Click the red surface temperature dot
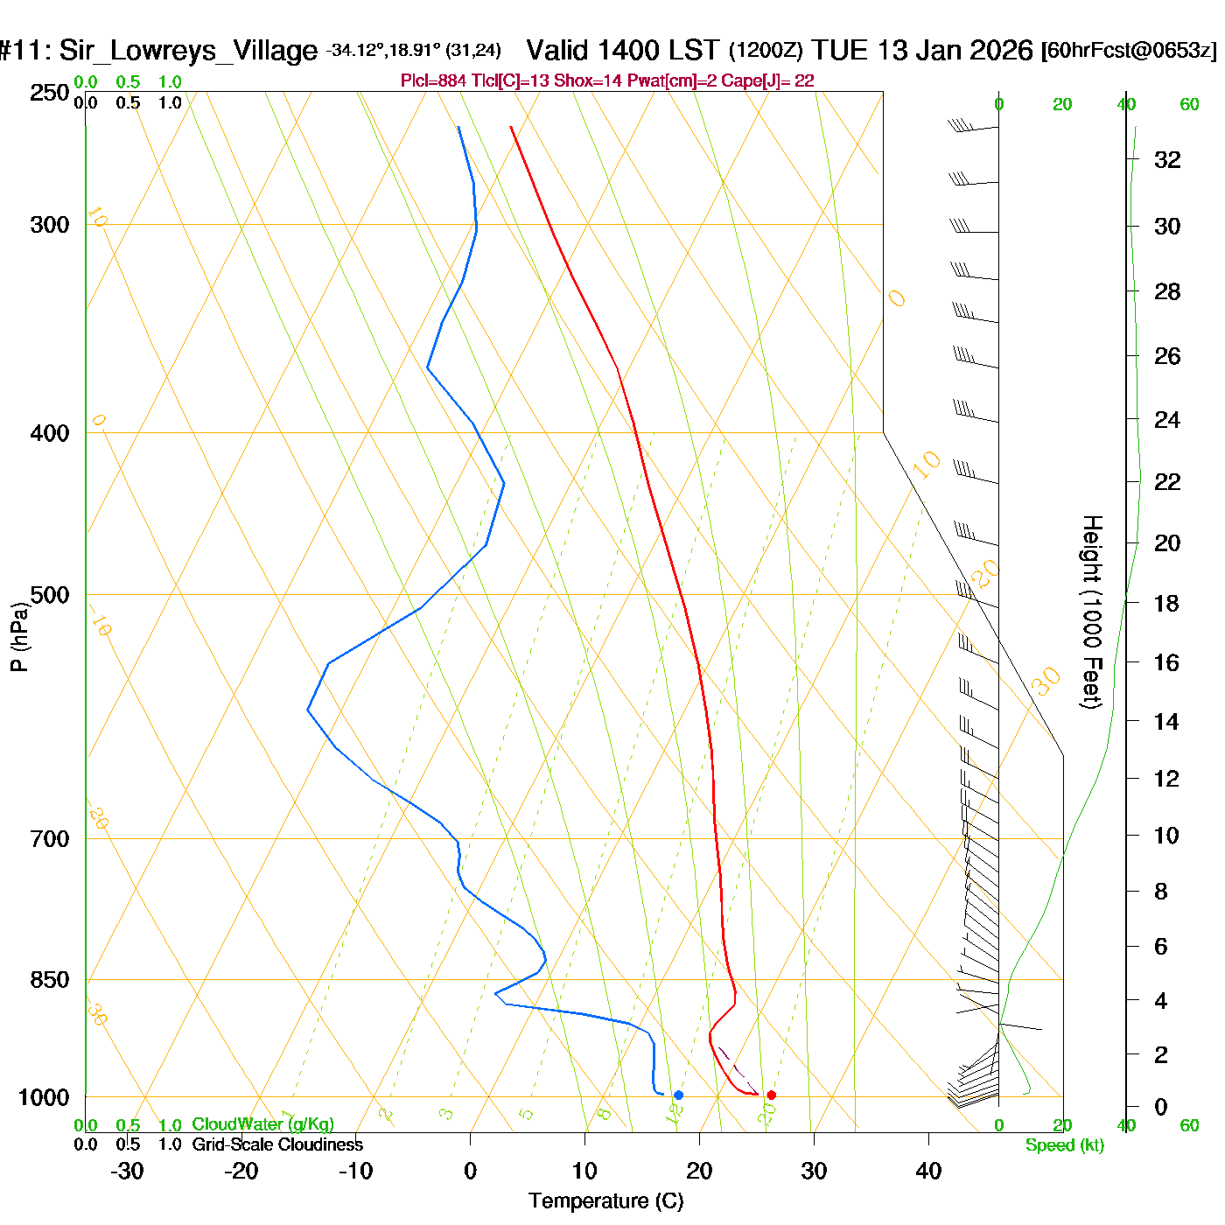tap(771, 1095)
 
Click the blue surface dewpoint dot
tap(678, 1095)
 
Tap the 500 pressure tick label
tap(50, 595)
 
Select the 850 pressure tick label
tap(50, 980)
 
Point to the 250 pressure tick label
tap(50, 93)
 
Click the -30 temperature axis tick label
tap(127, 1171)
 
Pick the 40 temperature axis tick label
tap(928, 1171)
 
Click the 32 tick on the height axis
tap(1167, 160)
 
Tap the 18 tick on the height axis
tap(1166, 603)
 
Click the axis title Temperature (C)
tap(605, 1201)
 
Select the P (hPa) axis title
tap(19, 636)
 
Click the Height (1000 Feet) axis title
tap(1091, 612)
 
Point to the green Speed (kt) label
tap(1065, 1145)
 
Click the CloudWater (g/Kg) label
tap(262, 1124)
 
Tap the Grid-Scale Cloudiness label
tap(277, 1144)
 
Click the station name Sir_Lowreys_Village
tap(188, 51)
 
